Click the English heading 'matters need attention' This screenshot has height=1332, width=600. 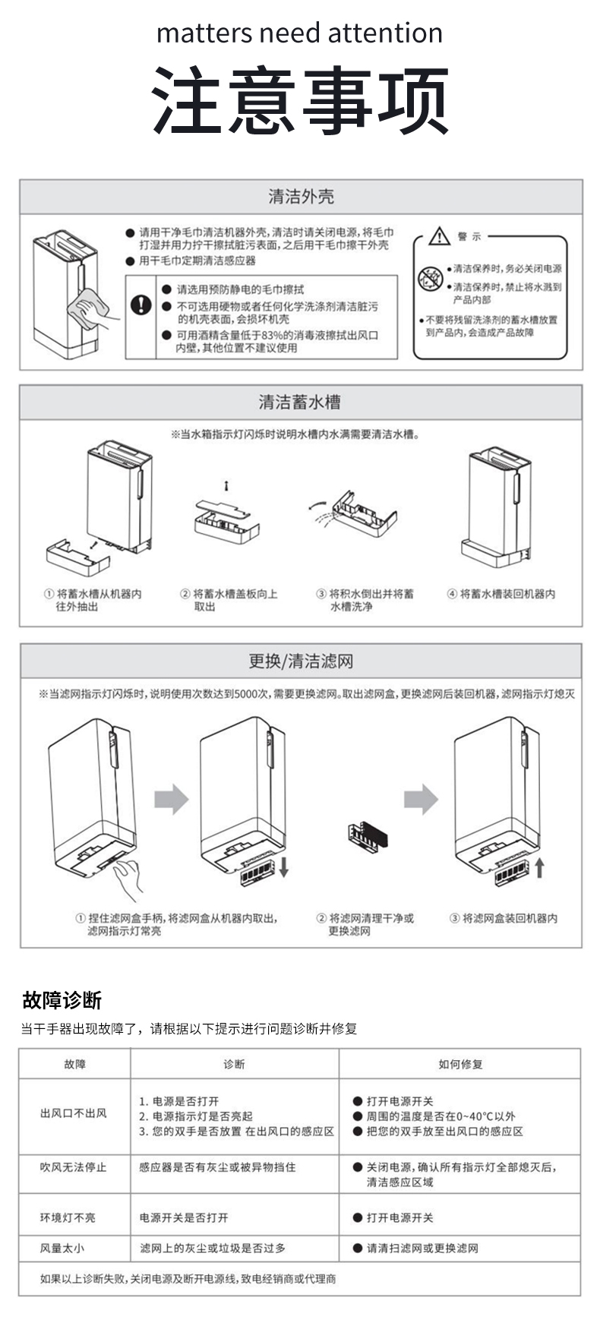[299, 33]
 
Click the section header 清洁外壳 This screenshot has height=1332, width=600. [301, 197]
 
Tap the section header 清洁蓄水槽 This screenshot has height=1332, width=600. [299, 402]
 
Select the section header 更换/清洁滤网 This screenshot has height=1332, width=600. [301, 661]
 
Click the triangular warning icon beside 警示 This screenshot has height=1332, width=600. [439, 237]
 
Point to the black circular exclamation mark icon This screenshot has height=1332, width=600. [141, 305]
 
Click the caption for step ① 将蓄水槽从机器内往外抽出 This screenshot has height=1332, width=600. [92, 600]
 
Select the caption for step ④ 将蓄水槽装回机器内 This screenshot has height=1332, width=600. [501, 594]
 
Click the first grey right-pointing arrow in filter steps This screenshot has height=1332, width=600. [171, 799]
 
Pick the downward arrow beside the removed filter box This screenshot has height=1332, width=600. [283, 866]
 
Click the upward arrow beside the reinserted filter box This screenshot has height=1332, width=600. [538, 866]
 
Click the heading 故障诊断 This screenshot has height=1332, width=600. [62, 999]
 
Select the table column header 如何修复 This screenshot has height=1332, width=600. [459, 1064]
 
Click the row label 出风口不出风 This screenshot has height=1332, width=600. [74, 1113]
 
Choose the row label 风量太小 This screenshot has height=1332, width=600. [62, 1248]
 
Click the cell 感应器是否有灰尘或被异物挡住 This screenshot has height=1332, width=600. [217, 1167]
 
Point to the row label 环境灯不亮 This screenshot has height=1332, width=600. [68, 1217]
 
